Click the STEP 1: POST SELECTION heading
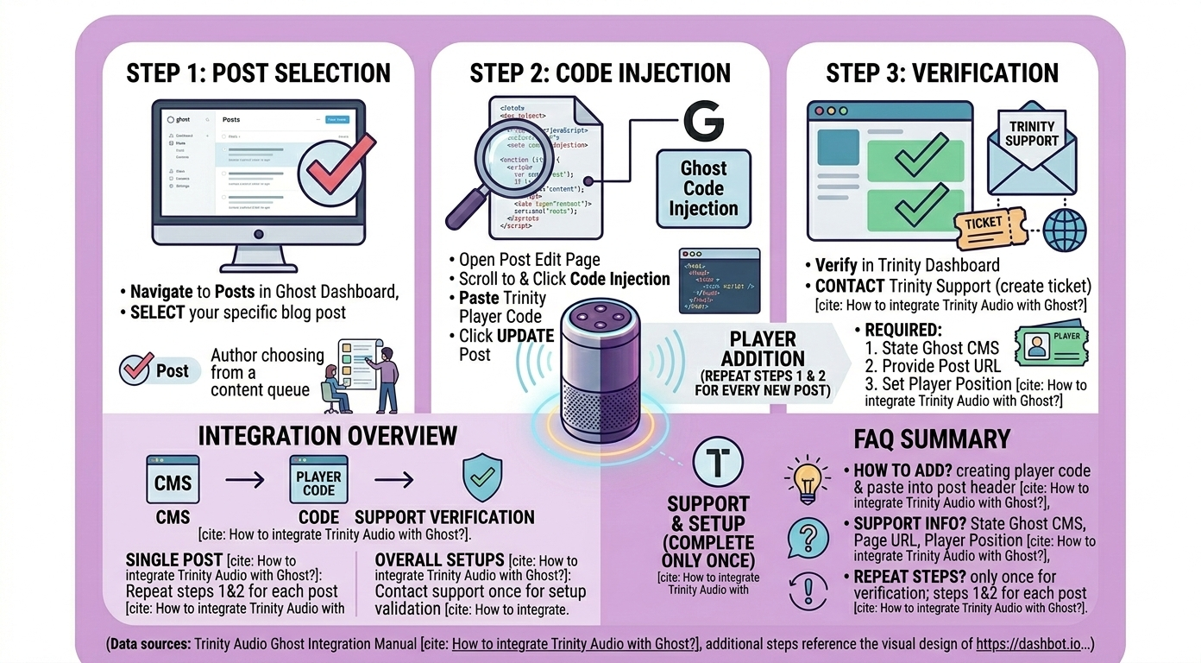click(x=258, y=73)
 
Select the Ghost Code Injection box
click(x=703, y=188)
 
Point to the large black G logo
click(x=705, y=122)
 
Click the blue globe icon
click(x=1065, y=230)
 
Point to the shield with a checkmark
click(x=482, y=478)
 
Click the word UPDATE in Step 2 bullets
click(x=525, y=336)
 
